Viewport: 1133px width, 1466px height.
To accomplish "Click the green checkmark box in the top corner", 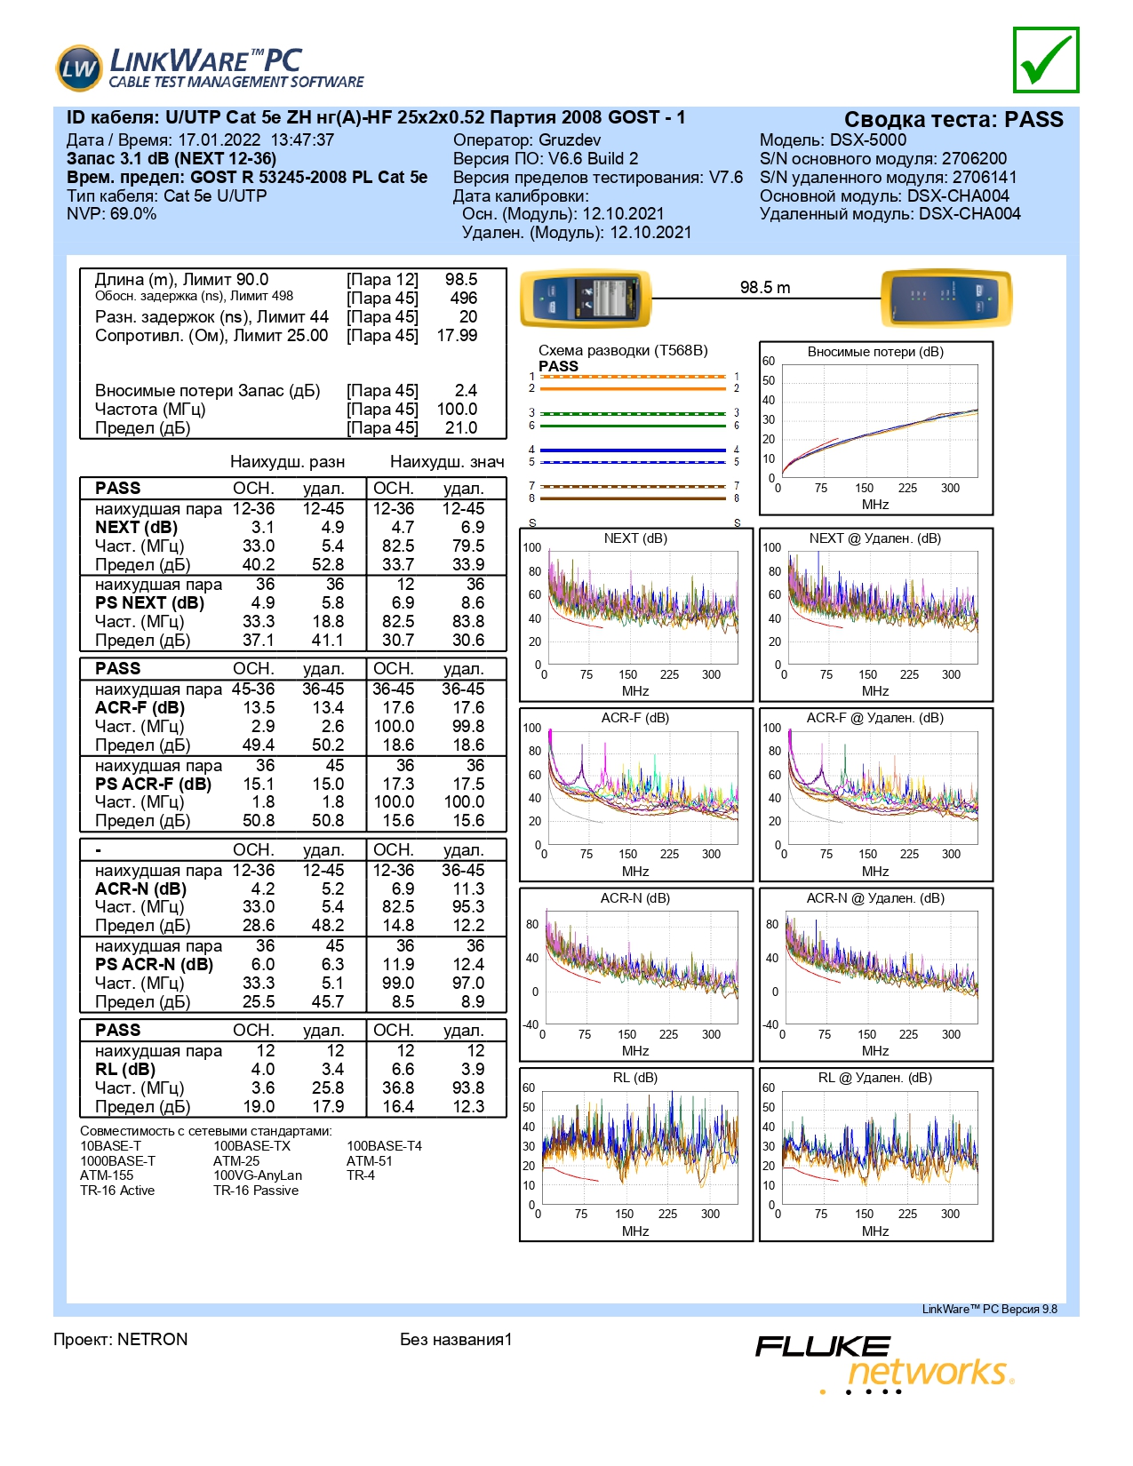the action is coord(1045,60).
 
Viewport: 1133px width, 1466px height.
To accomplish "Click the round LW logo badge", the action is coord(79,68).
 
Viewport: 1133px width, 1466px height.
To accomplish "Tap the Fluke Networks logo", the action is coord(884,1364).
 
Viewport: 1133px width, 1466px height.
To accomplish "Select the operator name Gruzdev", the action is coord(570,140).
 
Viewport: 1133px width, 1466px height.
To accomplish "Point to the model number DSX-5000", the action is coord(867,140).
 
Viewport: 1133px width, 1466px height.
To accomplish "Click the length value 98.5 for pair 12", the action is coord(461,279).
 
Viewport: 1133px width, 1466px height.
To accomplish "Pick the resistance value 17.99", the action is coord(457,335).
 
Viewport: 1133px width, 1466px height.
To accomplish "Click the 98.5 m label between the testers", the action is coord(764,287).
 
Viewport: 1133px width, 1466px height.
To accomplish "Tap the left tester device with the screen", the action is coord(586,299).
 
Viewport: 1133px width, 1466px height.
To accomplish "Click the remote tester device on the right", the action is coord(946,299).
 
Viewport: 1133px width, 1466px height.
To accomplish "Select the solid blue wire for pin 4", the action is coord(633,450).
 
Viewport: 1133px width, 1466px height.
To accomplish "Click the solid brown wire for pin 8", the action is coord(633,498).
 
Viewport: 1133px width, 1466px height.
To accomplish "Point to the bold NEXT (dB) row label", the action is coord(136,527).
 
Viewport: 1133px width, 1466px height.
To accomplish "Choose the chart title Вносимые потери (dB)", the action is coord(875,352).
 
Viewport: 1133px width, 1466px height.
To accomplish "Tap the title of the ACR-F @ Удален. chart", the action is coord(874,718).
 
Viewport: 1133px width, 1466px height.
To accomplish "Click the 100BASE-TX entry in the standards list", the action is coord(251,1146).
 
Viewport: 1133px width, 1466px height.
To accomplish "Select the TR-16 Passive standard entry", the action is coord(256,1191).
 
